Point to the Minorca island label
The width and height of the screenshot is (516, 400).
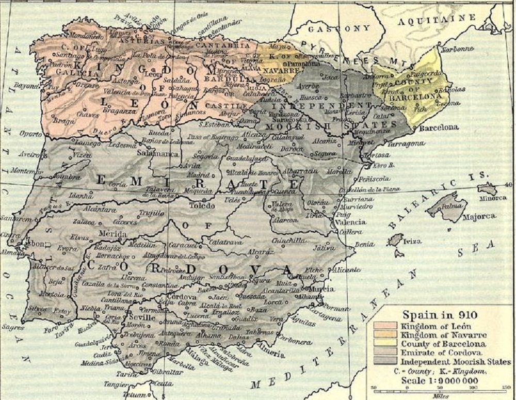493,198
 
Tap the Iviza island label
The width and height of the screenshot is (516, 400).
412,241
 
